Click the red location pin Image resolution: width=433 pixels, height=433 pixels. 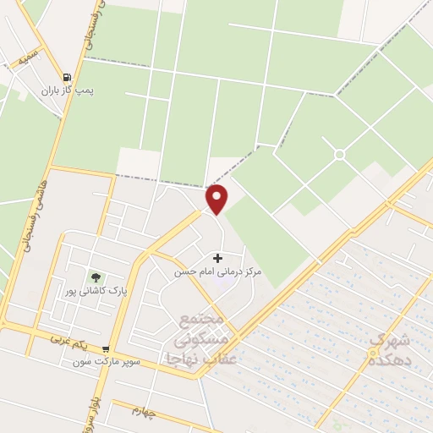click(x=217, y=200)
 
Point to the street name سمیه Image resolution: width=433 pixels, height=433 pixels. click(x=20, y=61)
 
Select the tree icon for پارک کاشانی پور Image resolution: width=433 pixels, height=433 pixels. click(x=96, y=277)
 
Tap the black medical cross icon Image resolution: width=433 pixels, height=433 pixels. click(x=218, y=257)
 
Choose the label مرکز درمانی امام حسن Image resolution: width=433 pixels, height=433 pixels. click(x=218, y=271)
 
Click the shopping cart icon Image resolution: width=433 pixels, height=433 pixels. click(x=106, y=348)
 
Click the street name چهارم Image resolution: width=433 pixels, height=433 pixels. click(x=144, y=412)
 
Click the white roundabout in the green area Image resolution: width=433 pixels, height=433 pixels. click(x=340, y=154)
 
